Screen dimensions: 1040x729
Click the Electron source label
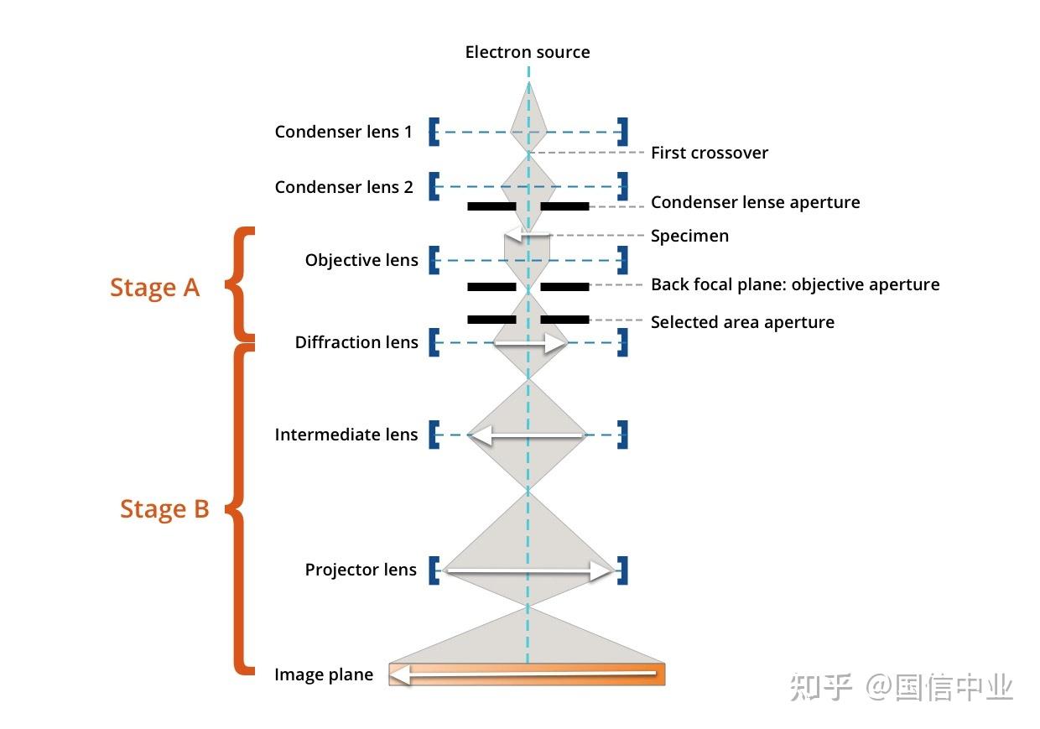(x=528, y=52)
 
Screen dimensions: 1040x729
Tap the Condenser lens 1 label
(x=343, y=132)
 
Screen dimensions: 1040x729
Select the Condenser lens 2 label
(x=344, y=187)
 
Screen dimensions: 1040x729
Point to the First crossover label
(x=709, y=153)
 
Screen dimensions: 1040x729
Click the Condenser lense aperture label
(x=755, y=202)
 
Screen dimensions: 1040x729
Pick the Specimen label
(x=689, y=236)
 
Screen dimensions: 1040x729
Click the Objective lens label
(x=361, y=260)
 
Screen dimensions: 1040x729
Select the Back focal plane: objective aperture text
(x=795, y=284)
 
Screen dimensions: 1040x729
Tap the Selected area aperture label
(x=742, y=322)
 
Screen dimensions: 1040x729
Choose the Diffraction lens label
(x=356, y=342)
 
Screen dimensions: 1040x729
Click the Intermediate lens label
(x=346, y=435)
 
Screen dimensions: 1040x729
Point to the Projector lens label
(x=361, y=570)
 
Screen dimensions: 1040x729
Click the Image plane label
(x=324, y=674)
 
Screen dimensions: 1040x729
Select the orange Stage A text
(x=154, y=288)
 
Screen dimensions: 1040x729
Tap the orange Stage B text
(x=164, y=509)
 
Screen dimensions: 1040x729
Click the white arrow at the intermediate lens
(x=527, y=435)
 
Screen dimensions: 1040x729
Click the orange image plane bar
(x=527, y=674)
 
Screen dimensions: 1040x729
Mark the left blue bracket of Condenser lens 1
(x=434, y=132)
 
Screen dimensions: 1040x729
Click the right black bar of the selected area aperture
(x=564, y=320)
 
